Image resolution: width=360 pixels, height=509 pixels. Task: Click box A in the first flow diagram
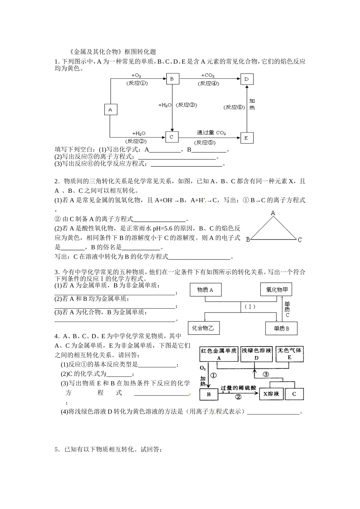110,110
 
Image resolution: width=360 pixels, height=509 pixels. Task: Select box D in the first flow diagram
247,79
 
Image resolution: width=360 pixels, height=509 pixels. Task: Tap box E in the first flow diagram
246,138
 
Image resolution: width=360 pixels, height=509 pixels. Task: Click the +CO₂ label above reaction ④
208,75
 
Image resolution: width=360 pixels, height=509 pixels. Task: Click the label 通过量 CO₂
211,133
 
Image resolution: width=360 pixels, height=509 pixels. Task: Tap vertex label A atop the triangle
273,213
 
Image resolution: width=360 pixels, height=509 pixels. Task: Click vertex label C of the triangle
299,239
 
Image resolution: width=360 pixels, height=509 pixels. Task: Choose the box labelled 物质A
205,290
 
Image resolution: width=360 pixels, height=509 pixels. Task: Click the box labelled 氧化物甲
277,290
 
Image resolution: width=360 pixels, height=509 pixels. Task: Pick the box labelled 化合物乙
203,328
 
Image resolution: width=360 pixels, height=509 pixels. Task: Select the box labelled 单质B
281,328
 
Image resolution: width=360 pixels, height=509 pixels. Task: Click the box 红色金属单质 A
219,354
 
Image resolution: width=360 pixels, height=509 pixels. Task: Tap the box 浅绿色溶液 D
257,354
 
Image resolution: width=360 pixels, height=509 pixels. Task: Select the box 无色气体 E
290,354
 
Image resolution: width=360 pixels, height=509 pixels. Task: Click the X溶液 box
271,394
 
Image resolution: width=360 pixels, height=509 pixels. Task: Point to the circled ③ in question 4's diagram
266,375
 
